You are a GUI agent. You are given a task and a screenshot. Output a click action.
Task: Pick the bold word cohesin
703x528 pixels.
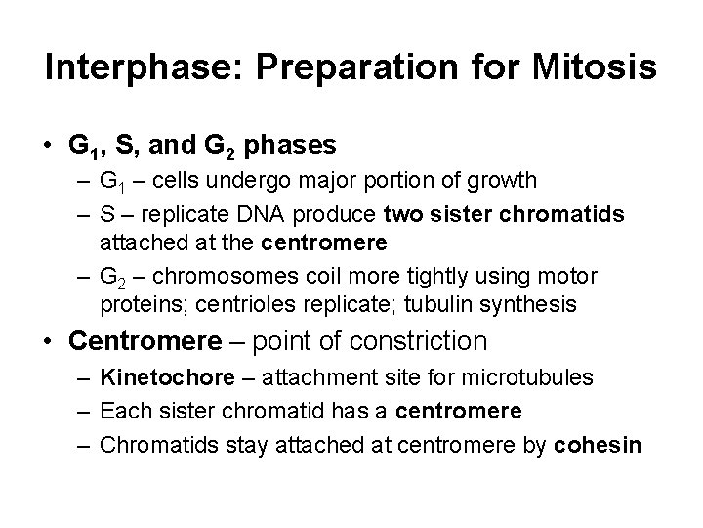597,445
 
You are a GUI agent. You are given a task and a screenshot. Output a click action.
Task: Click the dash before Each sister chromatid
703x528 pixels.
84,411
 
